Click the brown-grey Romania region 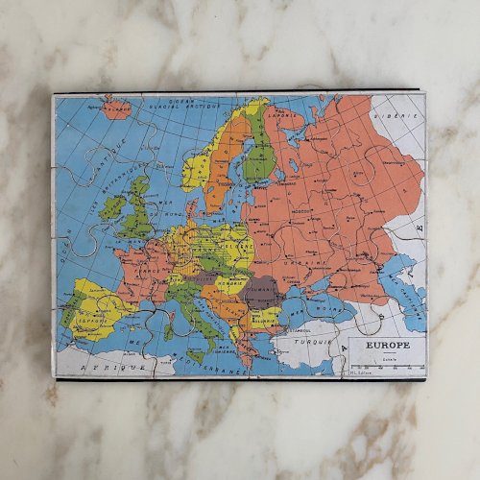click(x=262, y=291)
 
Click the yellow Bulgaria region click(x=265, y=318)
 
